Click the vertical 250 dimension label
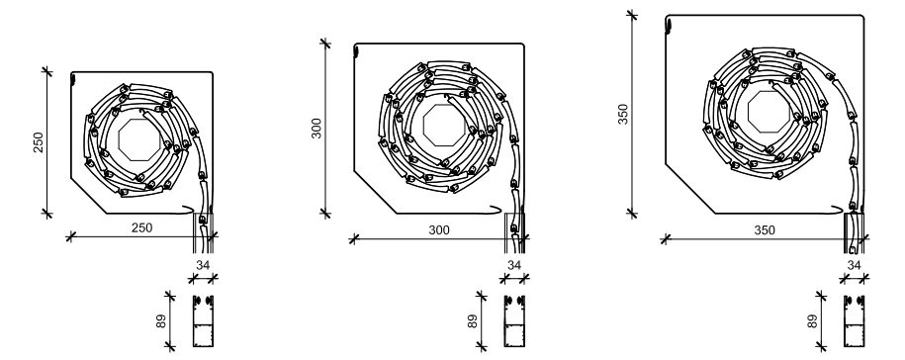39,142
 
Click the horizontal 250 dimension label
142,227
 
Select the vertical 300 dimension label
317,129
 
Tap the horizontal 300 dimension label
438,230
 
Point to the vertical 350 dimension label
623,115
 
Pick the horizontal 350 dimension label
765,230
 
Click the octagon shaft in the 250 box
139,139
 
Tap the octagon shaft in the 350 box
769,112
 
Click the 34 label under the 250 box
203,265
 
